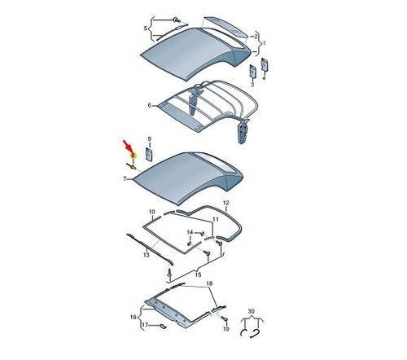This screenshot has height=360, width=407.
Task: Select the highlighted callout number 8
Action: tap(133, 156)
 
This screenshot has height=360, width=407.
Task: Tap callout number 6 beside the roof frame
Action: tap(150, 105)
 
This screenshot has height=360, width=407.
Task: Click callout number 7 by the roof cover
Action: tap(125, 179)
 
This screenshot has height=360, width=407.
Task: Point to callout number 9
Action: tap(150, 138)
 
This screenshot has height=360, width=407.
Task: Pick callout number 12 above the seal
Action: tap(226, 203)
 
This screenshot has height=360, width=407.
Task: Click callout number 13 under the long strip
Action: tap(147, 255)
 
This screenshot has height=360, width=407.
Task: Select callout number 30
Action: tap(252, 311)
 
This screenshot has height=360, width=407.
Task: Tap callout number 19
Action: tap(226, 329)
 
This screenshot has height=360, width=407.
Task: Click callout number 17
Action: tap(145, 325)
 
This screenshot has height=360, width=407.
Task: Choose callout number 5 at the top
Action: tap(146, 29)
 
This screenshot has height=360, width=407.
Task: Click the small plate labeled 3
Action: tap(252, 71)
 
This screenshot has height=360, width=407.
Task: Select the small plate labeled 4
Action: tap(265, 64)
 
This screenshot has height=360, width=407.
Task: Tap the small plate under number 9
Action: tap(149, 154)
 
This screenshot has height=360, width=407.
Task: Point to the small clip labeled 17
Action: tap(163, 327)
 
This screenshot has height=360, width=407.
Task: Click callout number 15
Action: tap(198, 274)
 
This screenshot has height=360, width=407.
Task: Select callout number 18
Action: tap(209, 283)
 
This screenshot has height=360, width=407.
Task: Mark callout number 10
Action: tap(152, 212)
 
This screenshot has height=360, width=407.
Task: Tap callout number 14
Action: tap(190, 232)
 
